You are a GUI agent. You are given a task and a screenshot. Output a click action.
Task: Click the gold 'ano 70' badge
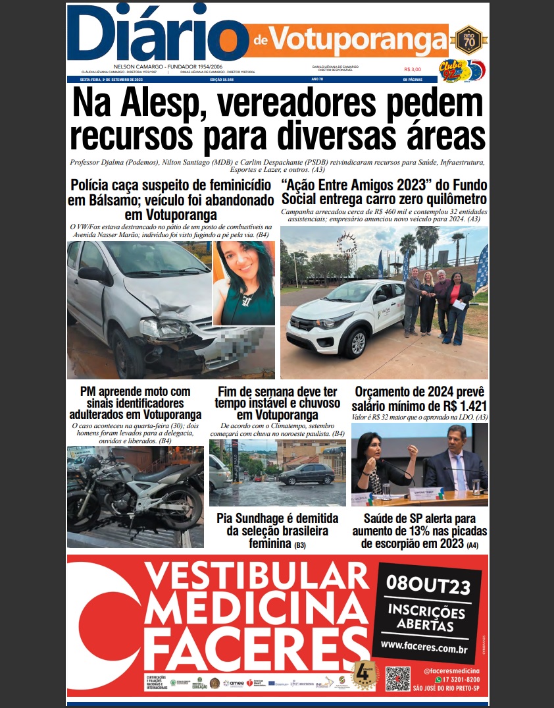pos(469,39)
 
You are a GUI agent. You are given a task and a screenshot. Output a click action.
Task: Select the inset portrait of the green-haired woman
pos(243,283)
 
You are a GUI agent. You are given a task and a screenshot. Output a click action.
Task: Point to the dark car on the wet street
pos(307,474)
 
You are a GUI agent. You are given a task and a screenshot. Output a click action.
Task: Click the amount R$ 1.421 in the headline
pos(454,406)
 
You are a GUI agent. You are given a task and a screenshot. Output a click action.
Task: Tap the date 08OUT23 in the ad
pos(428,583)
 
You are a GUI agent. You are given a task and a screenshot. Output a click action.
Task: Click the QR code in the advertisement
pos(397,679)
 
